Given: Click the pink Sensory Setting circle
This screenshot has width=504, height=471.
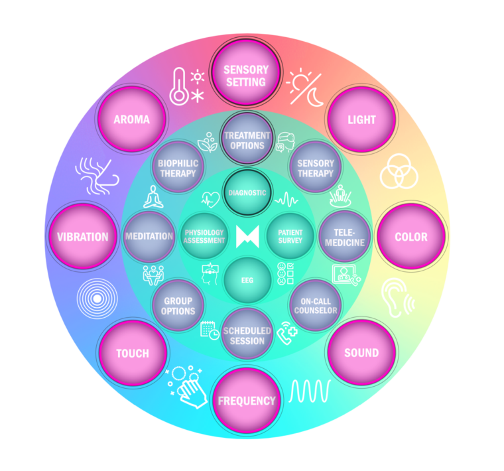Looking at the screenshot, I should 246,76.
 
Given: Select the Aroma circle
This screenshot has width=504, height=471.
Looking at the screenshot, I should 131,120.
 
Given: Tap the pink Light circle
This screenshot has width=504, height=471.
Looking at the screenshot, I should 361,120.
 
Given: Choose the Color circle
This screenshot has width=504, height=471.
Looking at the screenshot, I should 410,237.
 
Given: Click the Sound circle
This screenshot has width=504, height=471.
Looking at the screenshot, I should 361,353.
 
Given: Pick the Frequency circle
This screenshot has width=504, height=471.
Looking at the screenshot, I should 246,401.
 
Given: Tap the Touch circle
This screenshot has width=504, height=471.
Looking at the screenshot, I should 132,353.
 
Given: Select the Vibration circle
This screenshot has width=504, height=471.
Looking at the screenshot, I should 82,237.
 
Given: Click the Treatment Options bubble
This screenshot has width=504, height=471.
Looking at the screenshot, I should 247,140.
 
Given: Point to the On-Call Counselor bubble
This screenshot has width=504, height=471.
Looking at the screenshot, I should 315,304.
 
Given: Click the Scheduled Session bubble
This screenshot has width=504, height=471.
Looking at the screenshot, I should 247,335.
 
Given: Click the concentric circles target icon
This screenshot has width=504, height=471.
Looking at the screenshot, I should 97,299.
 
